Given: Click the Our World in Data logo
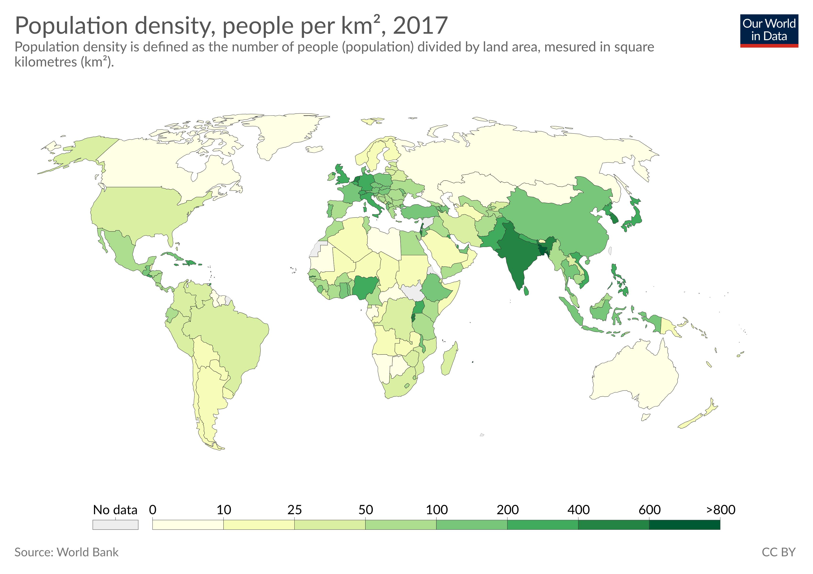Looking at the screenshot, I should tap(769, 30).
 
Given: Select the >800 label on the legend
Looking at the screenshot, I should tap(721, 510).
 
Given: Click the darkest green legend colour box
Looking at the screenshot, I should tap(684, 524).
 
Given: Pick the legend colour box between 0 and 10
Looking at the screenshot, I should tap(188, 524).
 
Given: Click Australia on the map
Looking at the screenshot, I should tap(634, 375).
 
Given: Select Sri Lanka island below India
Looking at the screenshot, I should tap(526, 291).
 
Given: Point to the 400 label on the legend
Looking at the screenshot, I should tap(578, 510).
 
